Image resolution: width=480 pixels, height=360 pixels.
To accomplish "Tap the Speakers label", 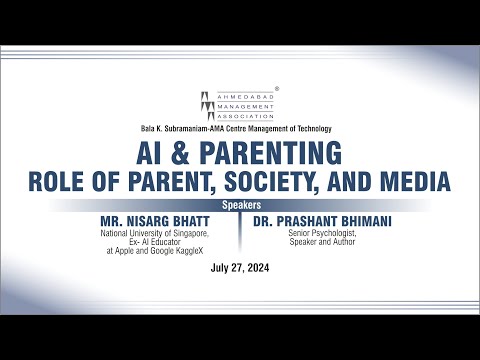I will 239,203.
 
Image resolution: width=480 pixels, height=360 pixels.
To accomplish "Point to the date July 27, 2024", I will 239,269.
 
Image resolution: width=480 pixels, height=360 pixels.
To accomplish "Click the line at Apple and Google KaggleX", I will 174,253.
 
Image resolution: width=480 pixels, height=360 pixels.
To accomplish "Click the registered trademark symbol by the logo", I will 276,88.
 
